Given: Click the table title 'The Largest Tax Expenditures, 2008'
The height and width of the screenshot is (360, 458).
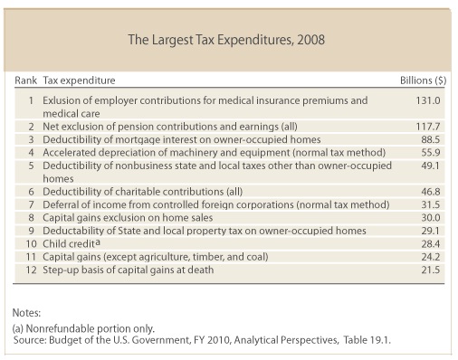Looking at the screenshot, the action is [226, 40].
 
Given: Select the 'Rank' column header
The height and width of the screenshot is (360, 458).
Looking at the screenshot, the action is [25, 81].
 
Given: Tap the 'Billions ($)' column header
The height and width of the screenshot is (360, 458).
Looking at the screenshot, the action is [423, 81].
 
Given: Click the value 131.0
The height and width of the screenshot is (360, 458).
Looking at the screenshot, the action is [428, 100].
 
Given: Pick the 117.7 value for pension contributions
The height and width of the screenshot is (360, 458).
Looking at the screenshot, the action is [428, 127].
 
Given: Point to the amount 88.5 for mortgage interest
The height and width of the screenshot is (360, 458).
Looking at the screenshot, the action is [431, 139].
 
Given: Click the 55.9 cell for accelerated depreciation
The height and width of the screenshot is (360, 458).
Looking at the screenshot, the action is [431, 153].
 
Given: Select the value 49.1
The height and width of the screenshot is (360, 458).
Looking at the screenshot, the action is [431, 166].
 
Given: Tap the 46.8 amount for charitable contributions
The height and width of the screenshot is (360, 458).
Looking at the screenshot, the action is [431, 192].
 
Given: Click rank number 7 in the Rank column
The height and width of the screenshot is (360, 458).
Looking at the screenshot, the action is [31, 204].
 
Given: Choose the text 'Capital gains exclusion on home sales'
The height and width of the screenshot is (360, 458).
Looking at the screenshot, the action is [128, 218].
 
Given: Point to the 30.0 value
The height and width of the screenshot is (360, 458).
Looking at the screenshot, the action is [431, 218].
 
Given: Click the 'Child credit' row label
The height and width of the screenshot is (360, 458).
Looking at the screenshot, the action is [69, 243].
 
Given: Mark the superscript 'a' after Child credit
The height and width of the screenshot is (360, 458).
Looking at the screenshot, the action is [98, 242].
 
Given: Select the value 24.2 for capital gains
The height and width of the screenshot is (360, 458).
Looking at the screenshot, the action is [431, 257].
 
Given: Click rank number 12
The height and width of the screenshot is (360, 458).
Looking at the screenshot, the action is [31, 270].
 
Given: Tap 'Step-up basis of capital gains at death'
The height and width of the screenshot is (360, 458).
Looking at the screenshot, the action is [129, 270].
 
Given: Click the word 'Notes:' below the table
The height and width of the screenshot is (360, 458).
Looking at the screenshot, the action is [26, 313].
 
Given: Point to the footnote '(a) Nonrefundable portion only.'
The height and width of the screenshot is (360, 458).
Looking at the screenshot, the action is [83, 328].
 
